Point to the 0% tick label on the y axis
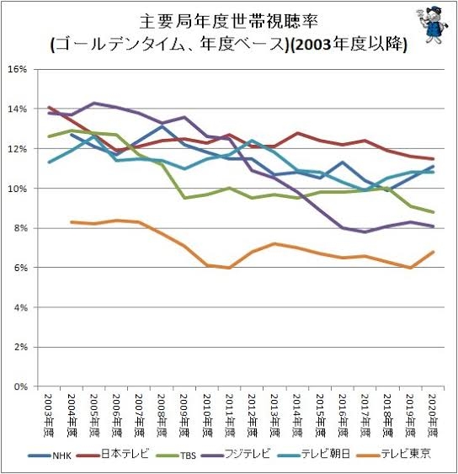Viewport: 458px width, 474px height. [x=19, y=386]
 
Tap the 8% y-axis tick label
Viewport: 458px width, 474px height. [x=19, y=228]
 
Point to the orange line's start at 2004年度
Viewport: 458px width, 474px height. [x=71, y=221]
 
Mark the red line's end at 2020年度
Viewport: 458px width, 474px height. [x=433, y=159]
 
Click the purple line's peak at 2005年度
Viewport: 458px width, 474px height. [x=93, y=103]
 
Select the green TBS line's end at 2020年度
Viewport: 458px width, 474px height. [x=433, y=212]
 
